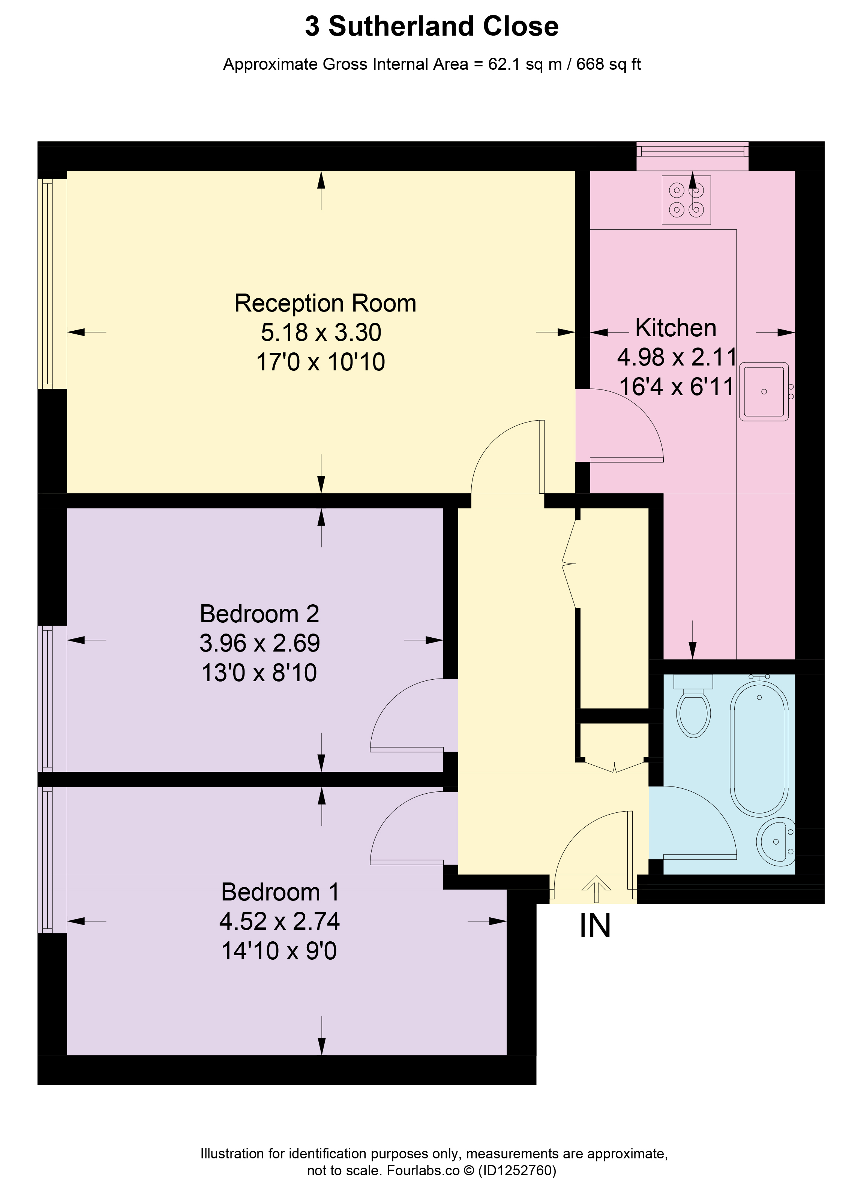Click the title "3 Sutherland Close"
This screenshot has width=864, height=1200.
point(432,27)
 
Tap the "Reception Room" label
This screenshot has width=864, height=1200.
point(325,303)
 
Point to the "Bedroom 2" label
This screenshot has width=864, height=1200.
point(259,614)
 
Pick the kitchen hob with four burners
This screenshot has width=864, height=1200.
point(686,200)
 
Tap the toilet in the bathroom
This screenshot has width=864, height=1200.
point(693,705)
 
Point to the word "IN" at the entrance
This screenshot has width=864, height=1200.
point(595,940)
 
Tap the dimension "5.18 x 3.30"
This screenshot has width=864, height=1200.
point(321,332)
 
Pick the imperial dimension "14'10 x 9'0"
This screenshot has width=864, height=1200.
point(279,951)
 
